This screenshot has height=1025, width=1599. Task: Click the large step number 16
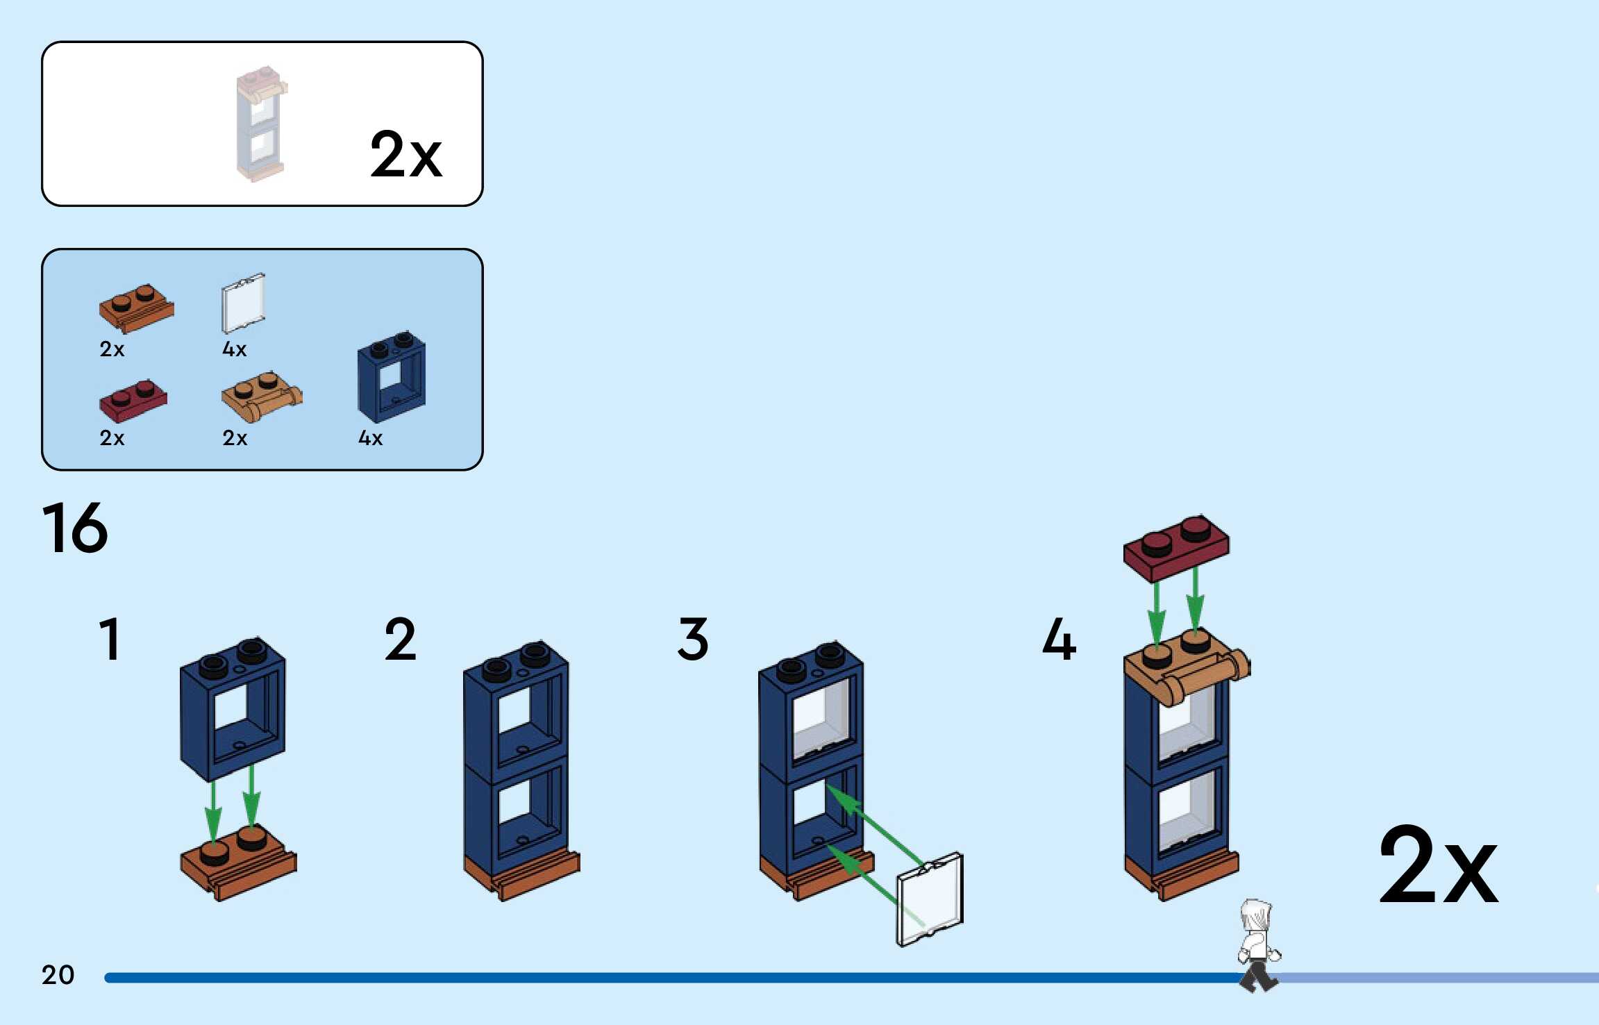(x=75, y=528)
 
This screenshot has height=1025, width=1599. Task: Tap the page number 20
(x=58, y=974)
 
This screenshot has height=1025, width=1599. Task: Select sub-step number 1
(x=110, y=639)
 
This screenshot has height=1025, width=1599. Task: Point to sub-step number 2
(x=400, y=639)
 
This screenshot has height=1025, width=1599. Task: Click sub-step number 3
(x=692, y=639)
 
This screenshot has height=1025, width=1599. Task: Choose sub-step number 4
(x=1059, y=639)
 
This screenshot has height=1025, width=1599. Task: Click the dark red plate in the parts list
(x=133, y=401)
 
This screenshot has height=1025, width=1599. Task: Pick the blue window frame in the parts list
(x=392, y=377)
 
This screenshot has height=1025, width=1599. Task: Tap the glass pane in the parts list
(x=243, y=303)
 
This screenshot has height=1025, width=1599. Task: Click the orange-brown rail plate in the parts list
(x=136, y=308)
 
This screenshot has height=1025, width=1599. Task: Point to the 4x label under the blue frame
(x=370, y=438)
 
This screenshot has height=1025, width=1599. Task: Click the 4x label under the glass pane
(x=234, y=349)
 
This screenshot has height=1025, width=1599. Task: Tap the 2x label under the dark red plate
(x=112, y=438)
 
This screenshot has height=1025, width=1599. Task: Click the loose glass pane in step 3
(x=930, y=899)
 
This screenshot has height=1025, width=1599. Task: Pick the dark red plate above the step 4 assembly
(x=1175, y=547)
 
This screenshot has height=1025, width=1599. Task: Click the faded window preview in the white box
(x=260, y=124)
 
